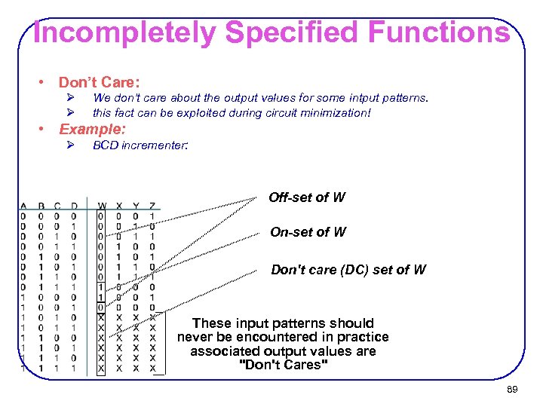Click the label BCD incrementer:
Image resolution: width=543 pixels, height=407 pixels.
[140, 145]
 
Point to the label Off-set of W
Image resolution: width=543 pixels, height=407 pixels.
[307, 197]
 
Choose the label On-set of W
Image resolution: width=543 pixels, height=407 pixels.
[308, 232]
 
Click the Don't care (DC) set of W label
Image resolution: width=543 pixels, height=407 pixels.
[348, 269]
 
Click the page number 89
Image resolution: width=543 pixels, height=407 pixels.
[512, 389]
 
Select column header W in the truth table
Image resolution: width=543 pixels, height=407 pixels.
[102, 206]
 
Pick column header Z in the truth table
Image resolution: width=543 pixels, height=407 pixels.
[152, 206]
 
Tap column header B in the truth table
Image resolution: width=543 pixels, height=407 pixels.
[41, 206]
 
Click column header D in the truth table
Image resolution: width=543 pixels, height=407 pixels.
[74, 206]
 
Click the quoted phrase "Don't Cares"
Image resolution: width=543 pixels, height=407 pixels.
[283, 366]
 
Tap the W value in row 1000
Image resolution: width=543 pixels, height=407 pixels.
[102, 286]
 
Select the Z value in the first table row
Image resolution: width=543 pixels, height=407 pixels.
[152, 216]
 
